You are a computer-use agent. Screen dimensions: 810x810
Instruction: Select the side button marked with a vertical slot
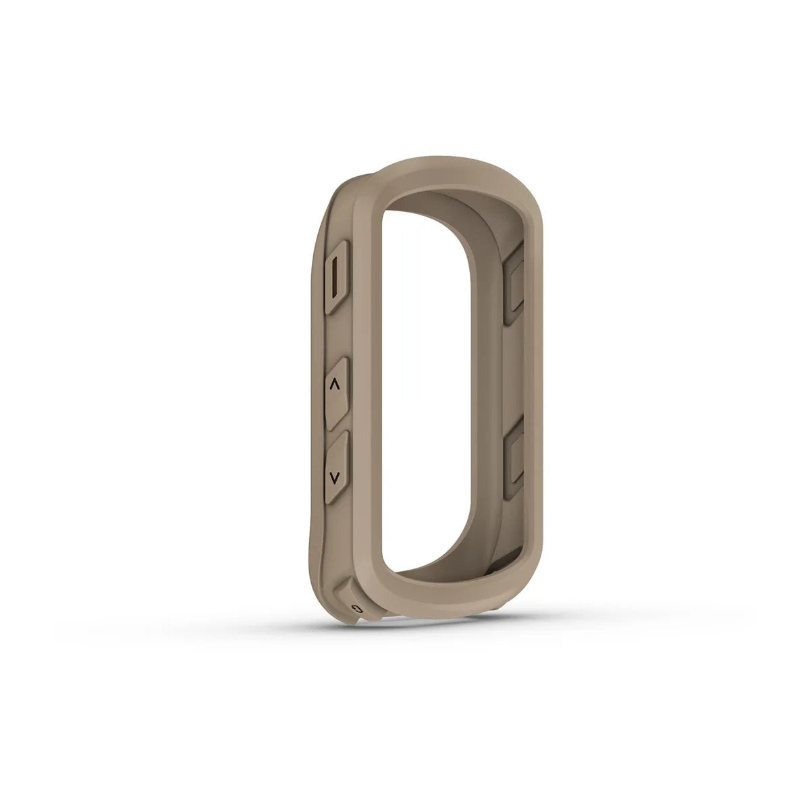337,276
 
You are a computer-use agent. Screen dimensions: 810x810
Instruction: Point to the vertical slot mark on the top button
335,277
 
